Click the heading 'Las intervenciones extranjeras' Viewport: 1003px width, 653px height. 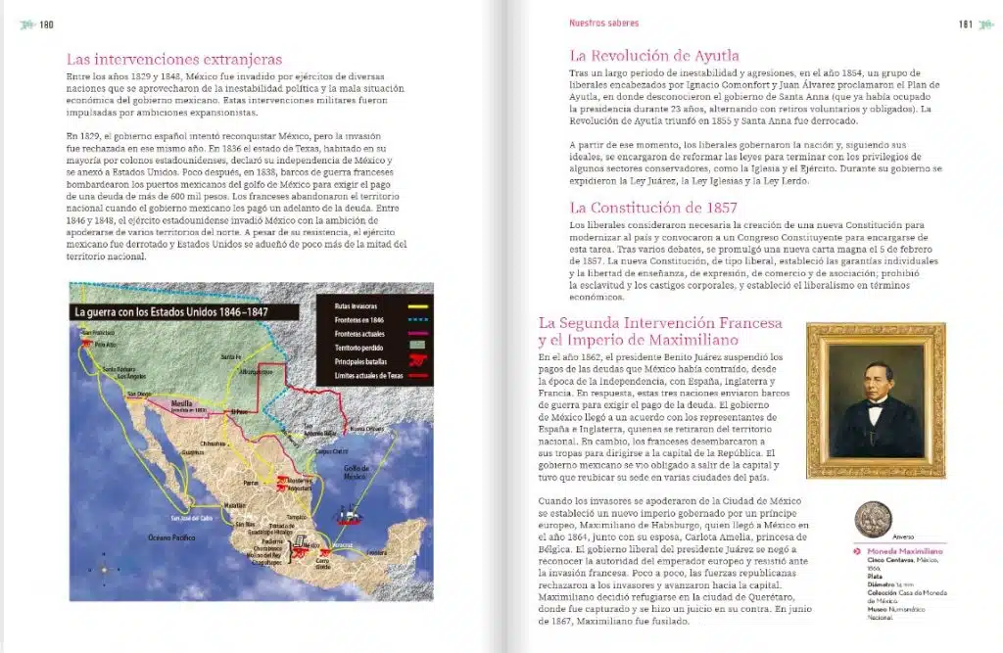tap(173, 59)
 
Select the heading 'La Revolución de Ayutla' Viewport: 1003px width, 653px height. tap(654, 56)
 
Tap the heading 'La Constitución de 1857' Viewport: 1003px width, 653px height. tap(653, 208)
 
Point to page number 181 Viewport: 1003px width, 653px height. tap(964, 24)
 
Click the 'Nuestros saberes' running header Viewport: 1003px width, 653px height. tap(603, 23)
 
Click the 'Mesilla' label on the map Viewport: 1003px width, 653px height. tap(183, 401)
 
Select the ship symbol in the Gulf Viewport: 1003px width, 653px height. tap(349, 516)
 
